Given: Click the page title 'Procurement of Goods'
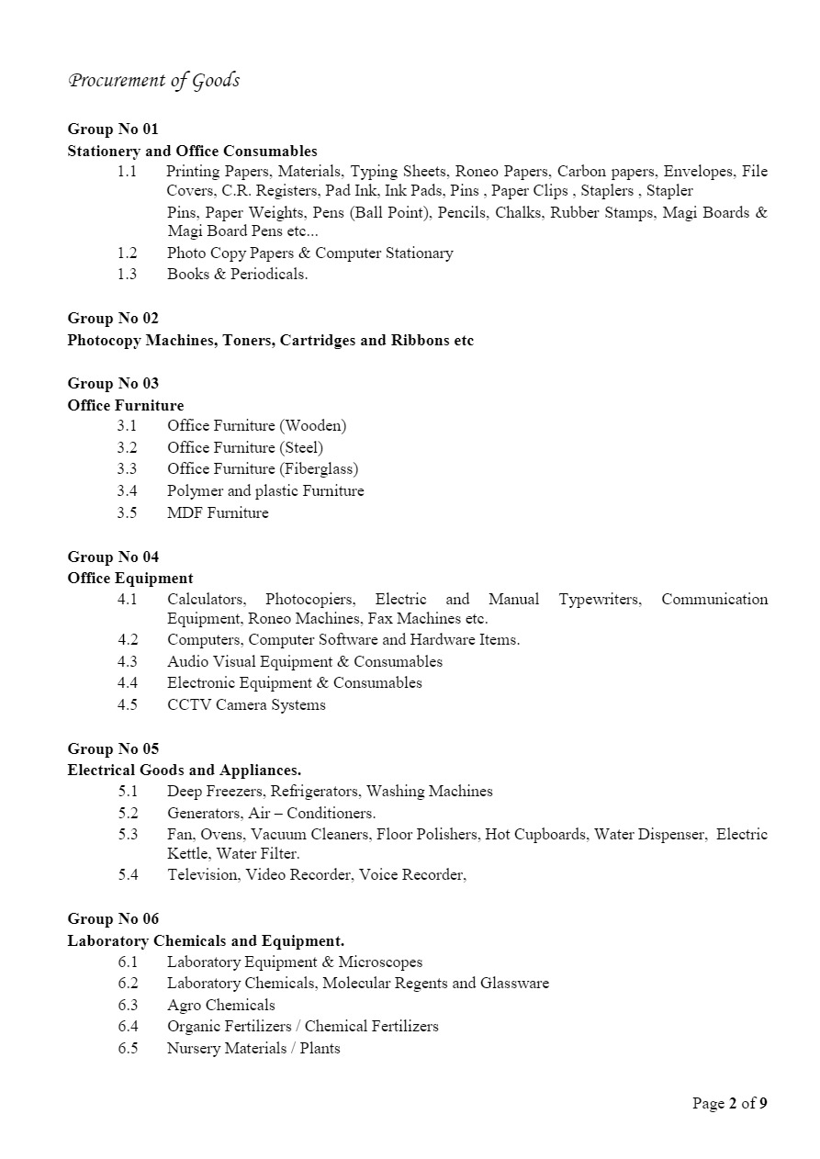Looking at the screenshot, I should pyautogui.click(x=153, y=81).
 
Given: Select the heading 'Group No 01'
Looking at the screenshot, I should pyautogui.click(x=113, y=129).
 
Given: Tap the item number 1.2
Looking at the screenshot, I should pyautogui.click(x=127, y=253).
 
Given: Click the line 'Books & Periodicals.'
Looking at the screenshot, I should pyautogui.click(x=237, y=274).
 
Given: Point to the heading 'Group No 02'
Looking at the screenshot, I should pyautogui.click(x=113, y=318).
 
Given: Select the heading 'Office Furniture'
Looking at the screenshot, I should pyautogui.click(x=126, y=405).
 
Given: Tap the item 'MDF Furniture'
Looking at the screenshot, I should pyautogui.click(x=218, y=512).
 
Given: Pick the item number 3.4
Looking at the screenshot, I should pyautogui.click(x=127, y=490).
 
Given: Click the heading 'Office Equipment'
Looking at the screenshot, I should pyautogui.click(x=130, y=578).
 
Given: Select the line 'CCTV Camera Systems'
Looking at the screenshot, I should pyautogui.click(x=246, y=704).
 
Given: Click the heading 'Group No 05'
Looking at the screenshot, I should pyautogui.click(x=113, y=748).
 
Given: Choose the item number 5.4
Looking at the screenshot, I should pyautogui.click(x=128, y=874).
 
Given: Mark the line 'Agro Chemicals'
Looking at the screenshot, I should pyautogui.click(x=220, y=1005).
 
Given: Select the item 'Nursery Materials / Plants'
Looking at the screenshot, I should pyautogui.click(x=253, y=1048).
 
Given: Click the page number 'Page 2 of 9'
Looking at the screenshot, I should pyautogui.click(x=729, y=1103).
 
